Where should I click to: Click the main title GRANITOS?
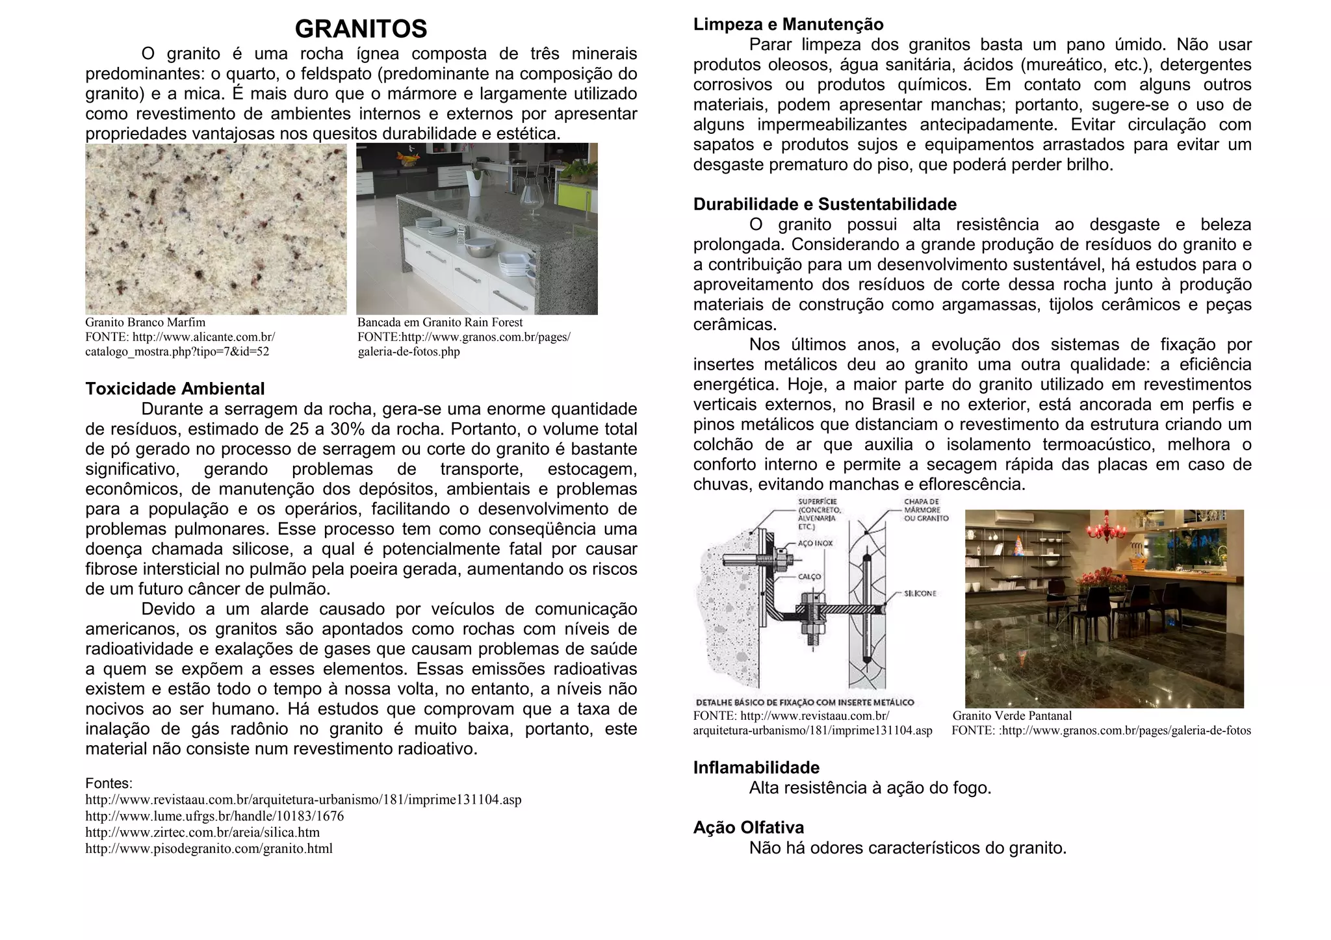[x=361, y=29]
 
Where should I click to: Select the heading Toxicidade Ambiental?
[x=175, y=389]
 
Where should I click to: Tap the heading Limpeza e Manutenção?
[x=788, y=25]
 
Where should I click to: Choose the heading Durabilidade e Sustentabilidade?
[x=825, y=205]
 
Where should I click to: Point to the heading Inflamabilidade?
[x=756, y=768]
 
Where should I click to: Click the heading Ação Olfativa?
[x=748, y=828]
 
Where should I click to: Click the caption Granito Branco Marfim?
[x=145, y=323]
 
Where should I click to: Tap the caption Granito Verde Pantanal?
[x=1012, y=716]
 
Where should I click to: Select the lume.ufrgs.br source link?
[x=214, y=817]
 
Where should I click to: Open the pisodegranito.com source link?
[x=209, y=849]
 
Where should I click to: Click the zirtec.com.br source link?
[x=202, y=833]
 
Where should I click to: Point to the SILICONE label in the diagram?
[x=920, y=594]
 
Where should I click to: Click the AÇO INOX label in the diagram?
[x=815, y=543]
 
